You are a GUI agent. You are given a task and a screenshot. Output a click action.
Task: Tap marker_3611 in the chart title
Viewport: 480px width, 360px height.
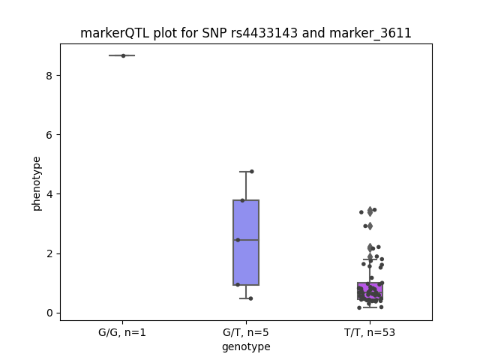370,33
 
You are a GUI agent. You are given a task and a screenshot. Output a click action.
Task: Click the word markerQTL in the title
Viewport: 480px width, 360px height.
115,33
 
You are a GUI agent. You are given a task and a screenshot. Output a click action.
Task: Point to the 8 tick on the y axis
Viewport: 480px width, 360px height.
49,76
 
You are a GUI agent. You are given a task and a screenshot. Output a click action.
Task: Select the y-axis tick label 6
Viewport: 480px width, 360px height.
49,135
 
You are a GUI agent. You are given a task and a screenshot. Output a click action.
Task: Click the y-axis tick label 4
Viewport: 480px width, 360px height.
49,194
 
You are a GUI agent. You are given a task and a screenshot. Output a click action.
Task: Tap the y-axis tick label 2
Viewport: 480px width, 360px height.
49,253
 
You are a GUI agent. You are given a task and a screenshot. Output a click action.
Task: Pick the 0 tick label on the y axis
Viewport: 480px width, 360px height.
49,313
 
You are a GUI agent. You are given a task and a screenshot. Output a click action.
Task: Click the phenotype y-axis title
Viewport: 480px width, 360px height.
37,184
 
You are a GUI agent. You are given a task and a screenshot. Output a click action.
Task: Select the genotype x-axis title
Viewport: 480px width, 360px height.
246,346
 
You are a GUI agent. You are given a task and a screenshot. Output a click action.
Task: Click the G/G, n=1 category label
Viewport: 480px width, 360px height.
122,333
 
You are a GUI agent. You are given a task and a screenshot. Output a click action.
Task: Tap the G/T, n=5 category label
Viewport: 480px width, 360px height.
246,333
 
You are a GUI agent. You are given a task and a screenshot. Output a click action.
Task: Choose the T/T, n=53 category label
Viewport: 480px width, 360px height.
370,333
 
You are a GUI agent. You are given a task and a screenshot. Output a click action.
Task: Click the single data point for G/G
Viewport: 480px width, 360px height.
123,55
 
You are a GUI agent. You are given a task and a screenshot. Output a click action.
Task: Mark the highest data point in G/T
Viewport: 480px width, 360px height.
252,172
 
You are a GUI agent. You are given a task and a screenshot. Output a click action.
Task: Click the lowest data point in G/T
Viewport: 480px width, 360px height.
250,298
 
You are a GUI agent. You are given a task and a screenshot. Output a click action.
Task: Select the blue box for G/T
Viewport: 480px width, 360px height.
246,242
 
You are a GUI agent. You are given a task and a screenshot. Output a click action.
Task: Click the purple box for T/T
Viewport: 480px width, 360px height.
370,291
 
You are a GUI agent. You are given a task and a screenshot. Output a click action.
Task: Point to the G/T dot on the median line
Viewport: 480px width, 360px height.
238,240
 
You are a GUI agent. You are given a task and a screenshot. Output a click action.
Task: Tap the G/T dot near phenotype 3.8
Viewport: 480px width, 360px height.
242,200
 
